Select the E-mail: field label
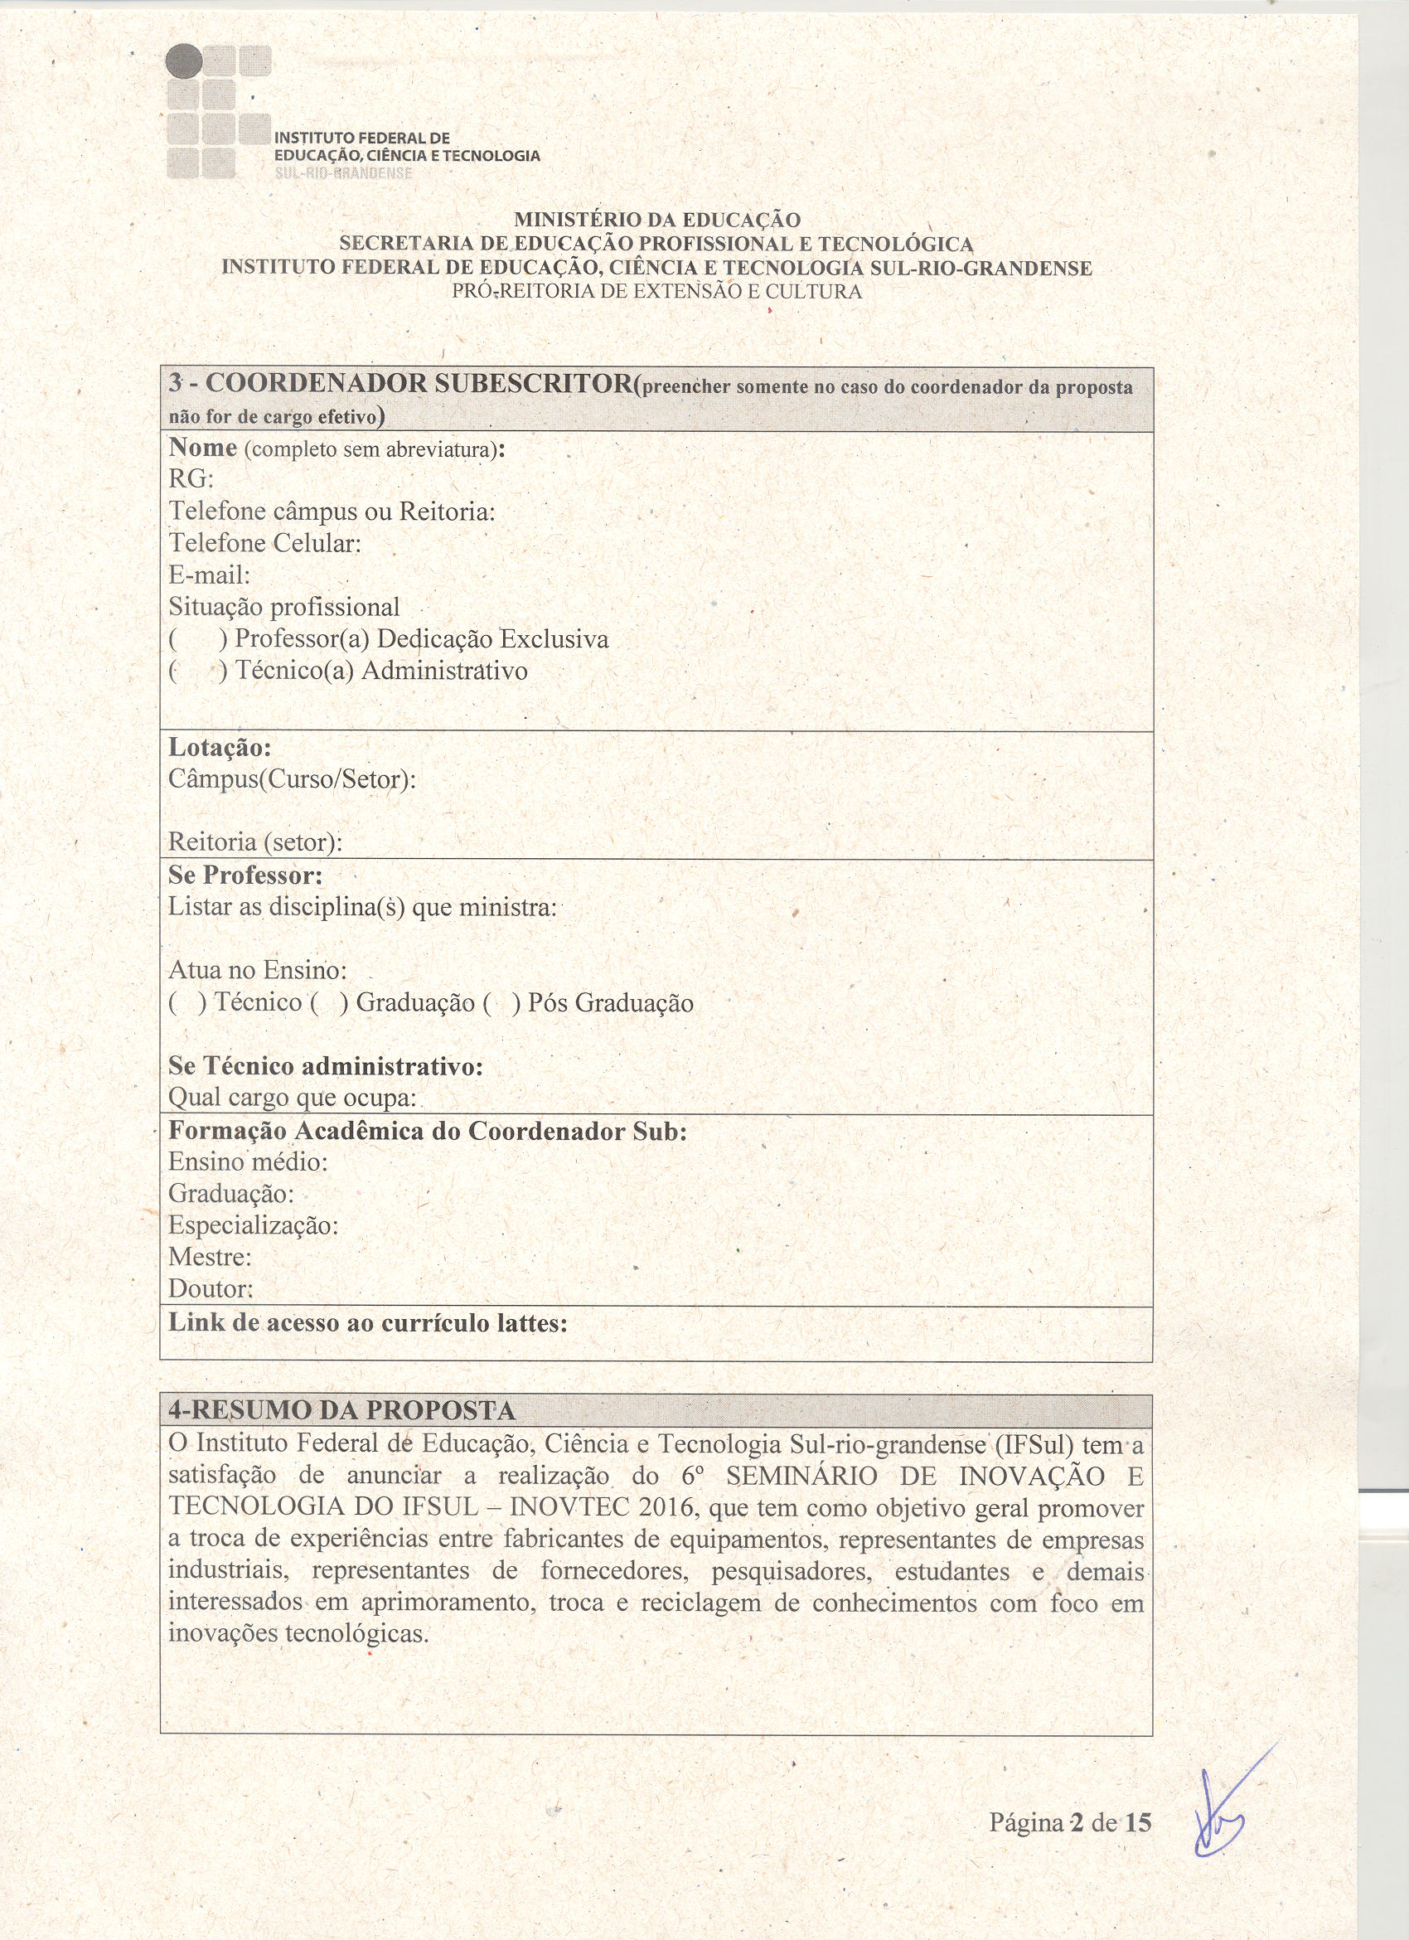(210, 575)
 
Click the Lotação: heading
(220, 748)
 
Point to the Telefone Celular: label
(265, 543)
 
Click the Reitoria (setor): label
(254, 841)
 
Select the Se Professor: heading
(245, 875)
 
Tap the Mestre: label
(211, 1257)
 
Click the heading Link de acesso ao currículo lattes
(368, 1323)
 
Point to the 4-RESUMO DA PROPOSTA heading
(342, 1410)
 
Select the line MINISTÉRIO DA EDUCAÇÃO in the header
(656, 221)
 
